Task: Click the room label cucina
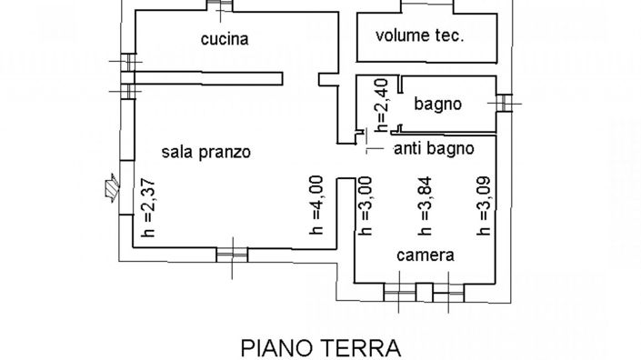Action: [x=225, y=39]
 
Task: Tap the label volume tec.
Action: [x=420, y=36]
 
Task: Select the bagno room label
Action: [x=438, y=104]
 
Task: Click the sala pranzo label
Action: [x=205, y=152]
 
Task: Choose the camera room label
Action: [x=425, y=255]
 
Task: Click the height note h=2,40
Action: [x=383, y=102]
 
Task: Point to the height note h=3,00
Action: [x=364, y=207]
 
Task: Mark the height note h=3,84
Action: [x=423, y=207]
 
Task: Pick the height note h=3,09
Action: [x=484, y=207]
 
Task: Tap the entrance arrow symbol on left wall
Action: [x=111, y=187]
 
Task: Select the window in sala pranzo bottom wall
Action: [x=231, y=252]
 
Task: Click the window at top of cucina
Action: [x=217, y=5]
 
